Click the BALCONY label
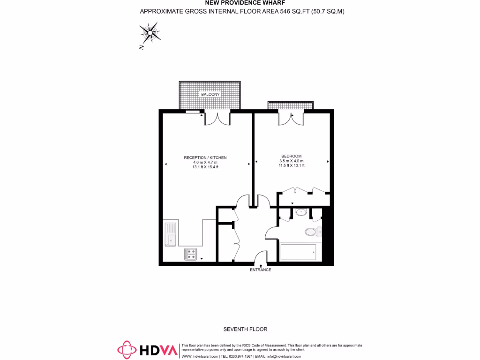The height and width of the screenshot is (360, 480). click(x=210, y=94)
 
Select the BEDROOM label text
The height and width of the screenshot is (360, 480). click(x=291, y=156)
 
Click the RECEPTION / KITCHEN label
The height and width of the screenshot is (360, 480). click(x=205, y=157)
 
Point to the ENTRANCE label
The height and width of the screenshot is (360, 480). click(x=260, y=270)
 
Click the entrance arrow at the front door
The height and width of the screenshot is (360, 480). click(x=261, y=266)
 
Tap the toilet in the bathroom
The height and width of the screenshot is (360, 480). click(x=310, y=231)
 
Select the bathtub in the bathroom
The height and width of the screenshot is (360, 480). click(x=298, y=252)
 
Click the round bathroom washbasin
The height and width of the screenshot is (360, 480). click(x=301, y=212)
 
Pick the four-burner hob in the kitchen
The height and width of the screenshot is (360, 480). click(x=191, y=254)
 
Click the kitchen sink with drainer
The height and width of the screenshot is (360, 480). click(x=170, y=234)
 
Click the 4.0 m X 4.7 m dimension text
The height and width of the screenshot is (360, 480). click(x=205, y=162)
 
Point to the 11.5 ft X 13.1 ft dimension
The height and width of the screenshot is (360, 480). click(x=291, y=165)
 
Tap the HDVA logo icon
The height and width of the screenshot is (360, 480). click(x=127, y=349)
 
